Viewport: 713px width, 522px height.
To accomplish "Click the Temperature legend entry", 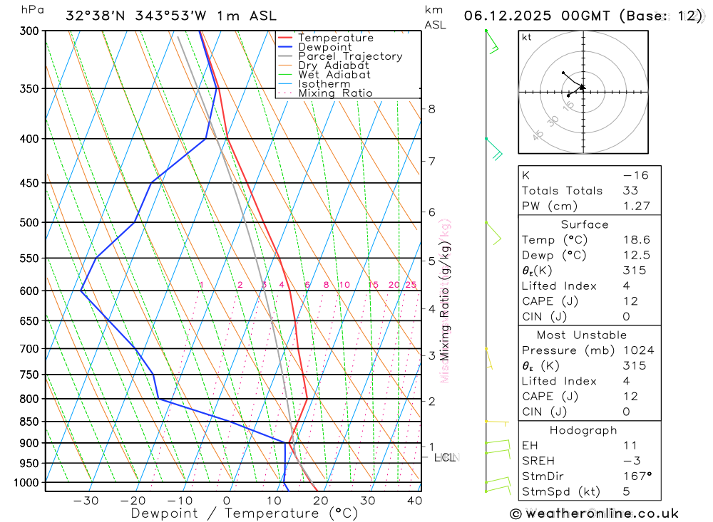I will point(335,38).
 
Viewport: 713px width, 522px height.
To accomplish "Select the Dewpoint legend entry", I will point(324,47).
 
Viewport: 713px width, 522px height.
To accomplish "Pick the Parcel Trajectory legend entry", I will point(350,56).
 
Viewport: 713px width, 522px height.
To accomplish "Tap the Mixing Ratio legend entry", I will point(335,93).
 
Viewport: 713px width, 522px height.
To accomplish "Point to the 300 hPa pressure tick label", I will point(29,31).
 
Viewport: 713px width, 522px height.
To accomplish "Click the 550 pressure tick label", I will point(29,258).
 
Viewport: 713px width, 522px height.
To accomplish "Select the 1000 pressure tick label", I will point(26,482).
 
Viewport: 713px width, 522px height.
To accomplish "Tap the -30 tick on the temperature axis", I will point(86,501).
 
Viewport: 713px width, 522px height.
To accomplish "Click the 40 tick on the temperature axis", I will point(414,501).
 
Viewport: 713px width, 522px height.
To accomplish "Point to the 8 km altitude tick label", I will point(431,109).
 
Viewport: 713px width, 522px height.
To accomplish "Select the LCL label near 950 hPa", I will point(445,457).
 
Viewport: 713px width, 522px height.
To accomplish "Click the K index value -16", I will point(631,174).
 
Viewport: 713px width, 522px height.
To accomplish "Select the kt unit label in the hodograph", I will point(527,38).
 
